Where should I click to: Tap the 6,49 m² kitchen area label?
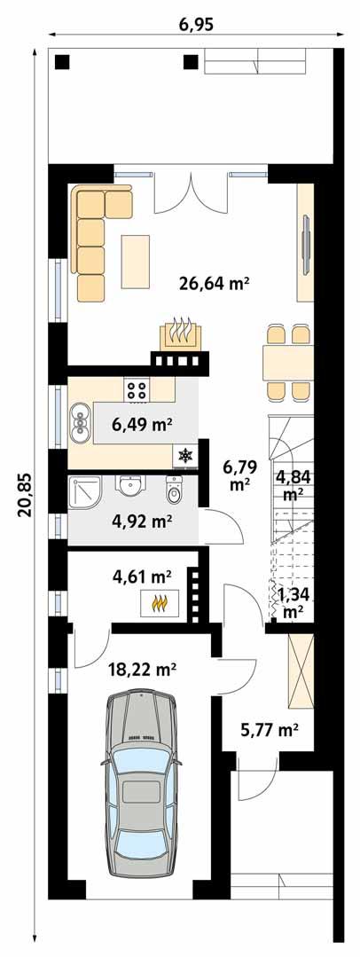coord(142,425)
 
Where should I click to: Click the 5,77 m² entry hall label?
coord(269,731)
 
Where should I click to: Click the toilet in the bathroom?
coord(174,489)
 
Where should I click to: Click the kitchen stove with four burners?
coord(137,388)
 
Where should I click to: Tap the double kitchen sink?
coord(80,423)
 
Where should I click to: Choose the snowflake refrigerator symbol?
coord(185,455)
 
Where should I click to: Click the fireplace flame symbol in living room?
coord(181,331)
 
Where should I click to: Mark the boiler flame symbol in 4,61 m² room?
coord(160,604)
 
